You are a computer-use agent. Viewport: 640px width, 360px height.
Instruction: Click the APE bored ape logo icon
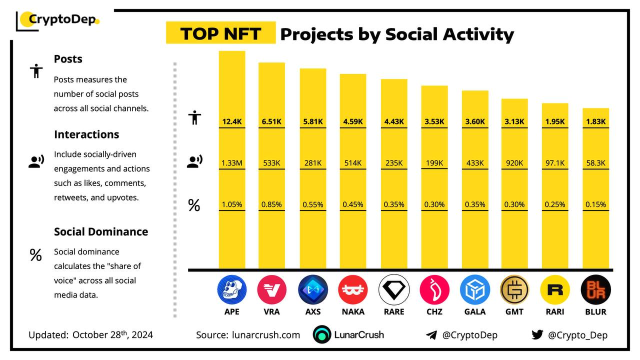232,290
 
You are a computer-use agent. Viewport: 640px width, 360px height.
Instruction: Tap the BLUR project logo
595,290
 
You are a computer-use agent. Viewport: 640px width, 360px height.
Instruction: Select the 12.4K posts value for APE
232,121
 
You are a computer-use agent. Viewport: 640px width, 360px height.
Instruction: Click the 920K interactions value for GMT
514,163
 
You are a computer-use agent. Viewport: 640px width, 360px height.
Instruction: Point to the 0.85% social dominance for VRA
271,204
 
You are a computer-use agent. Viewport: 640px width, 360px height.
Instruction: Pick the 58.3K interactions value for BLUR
595,163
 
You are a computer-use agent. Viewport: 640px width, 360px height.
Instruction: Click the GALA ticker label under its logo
474,311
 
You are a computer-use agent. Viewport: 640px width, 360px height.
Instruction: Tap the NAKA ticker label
352,311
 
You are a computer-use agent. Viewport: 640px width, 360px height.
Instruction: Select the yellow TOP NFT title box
220,33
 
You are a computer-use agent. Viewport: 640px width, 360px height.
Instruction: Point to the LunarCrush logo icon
322,335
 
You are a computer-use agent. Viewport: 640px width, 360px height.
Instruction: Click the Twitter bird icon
537,335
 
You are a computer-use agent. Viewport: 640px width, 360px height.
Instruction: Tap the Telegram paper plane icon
431,335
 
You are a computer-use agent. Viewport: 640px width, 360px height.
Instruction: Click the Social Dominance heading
101,231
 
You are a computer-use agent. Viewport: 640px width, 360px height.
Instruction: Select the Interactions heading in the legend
86,134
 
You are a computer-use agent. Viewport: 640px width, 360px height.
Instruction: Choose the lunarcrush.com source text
266,335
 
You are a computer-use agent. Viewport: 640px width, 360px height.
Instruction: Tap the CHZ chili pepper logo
434,290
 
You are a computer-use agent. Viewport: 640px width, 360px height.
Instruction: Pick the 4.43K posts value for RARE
393,121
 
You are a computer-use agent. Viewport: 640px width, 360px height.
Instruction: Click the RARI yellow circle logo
555,290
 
